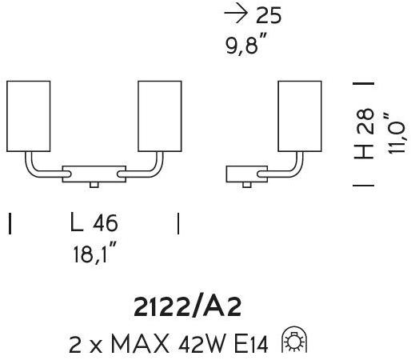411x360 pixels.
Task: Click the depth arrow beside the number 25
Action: click(x=236, y=13)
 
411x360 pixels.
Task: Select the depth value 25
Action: click(x=269, y=15)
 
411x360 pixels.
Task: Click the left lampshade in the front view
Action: click(x=28, y=116)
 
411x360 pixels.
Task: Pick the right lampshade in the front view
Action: click(x=160, y=116)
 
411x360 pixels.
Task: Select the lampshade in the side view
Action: click(x=300, y=116)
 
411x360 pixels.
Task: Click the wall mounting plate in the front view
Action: click(x=94, y=174)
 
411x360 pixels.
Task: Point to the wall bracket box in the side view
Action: click(x=246, y=174)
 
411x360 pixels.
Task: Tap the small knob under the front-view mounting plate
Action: click(x=94, y=185)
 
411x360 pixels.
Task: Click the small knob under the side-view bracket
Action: click(x=247, y=185)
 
